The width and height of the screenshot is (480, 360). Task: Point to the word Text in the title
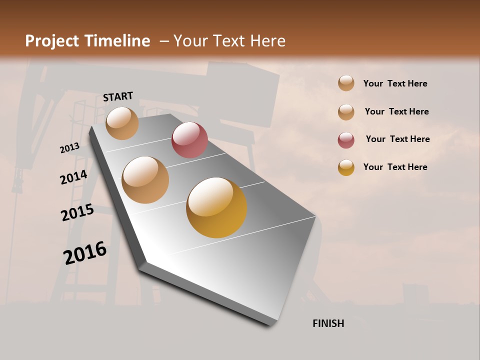pos(228,41)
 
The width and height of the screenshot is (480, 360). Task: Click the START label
pos(118,96)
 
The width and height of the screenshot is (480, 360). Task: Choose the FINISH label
pos(328,323)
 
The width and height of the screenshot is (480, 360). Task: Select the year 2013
pos(69,147)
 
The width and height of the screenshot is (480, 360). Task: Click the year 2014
pos(73,177)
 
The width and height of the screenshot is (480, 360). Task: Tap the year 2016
pos(85,253)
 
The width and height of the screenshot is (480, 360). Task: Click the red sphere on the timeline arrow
pos(189,140)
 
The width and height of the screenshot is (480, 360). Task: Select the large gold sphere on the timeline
pos(216,207)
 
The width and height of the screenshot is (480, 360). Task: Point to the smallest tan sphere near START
pos(122,123)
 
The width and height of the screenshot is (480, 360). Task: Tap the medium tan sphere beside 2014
pos(145,180)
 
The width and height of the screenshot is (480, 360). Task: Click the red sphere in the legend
pos(346,140)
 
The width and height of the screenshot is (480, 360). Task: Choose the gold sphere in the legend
pos(346,167)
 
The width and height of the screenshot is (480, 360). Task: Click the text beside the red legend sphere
pos(397,139)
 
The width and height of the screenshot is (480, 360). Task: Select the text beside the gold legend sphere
pos(395,167)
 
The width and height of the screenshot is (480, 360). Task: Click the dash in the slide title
pos(163,41)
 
